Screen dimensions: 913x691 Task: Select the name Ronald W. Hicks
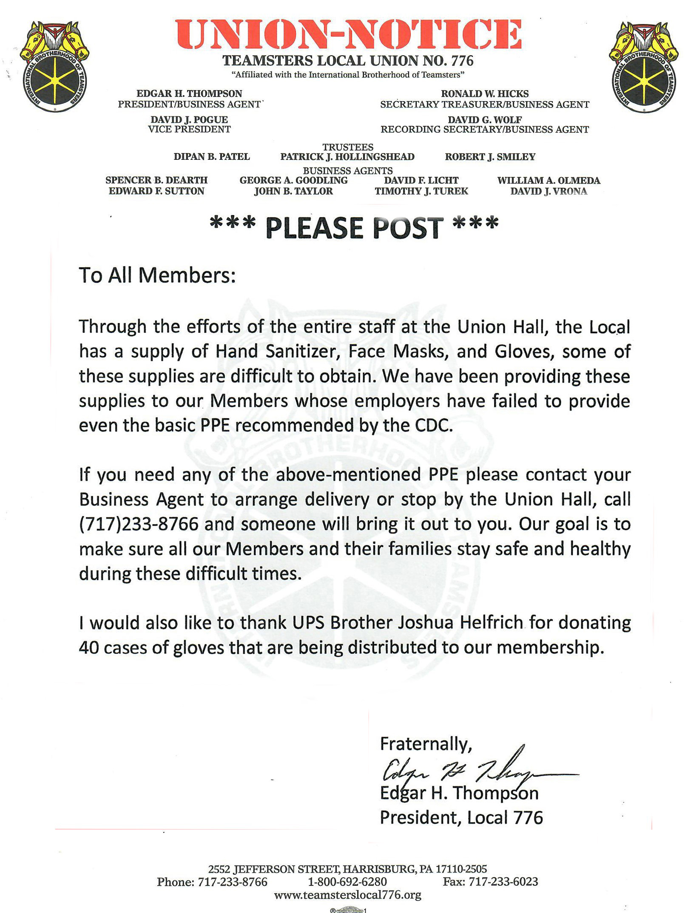(x=485, y=94)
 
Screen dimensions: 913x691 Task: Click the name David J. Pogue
(x=189, y=120)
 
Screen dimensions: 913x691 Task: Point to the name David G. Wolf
(x=485, y=120)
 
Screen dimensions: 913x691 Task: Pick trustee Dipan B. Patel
(x=212, y=157)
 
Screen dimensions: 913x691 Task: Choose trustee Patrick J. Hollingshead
(x=347, y=157)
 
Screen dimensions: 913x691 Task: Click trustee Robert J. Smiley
(x=490, y=157)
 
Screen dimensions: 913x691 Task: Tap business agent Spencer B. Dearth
(x=156, y=180)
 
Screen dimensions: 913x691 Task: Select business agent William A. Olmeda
(x=549, y=180)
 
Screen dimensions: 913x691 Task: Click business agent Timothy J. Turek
(x=421, y=191)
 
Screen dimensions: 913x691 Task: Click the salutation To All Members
(x=157, y=275)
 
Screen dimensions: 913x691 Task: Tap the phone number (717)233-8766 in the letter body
(x=139, y=524)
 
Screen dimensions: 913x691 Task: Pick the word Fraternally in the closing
(x=425, y=744)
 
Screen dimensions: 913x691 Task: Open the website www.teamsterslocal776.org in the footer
(x=348, y=895)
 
